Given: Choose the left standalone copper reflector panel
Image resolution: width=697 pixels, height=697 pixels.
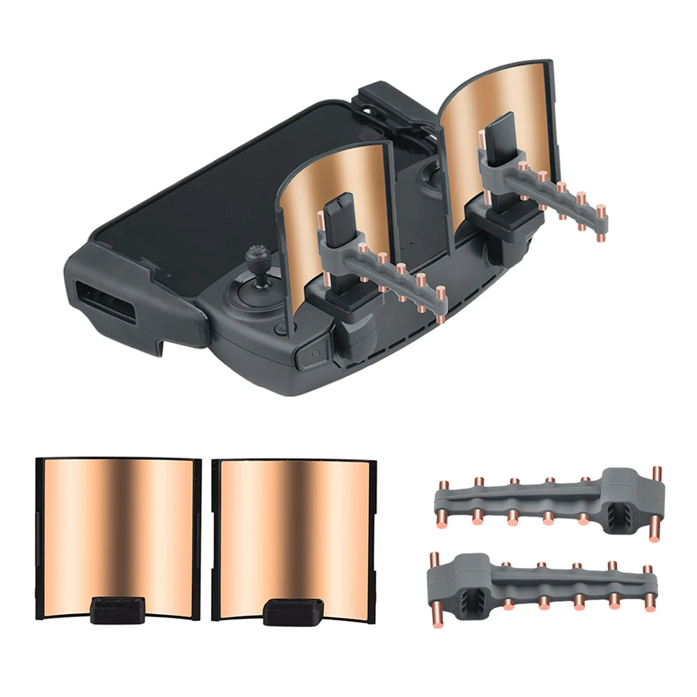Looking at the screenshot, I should (x=115, y=529).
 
